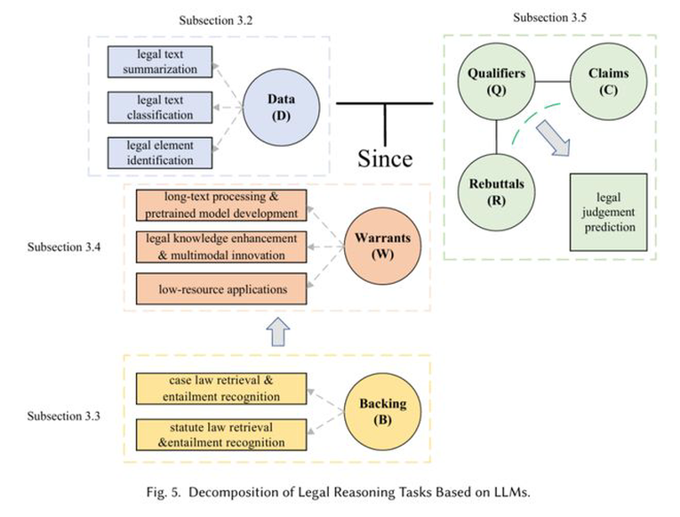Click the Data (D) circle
[x=281, y=107]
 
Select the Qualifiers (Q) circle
[x=496, y=81]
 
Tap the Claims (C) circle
[x=608, y=81]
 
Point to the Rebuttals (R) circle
[x=496, y=192]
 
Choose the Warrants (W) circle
[x=382, y=246]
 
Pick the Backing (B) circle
[x=382, y=411]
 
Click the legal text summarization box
[x=160, y=61]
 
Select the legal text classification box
[x=160, y=107]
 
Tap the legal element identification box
[x=160, y=153]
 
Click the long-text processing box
[x=221, y=205]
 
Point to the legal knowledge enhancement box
[x=221, y=246]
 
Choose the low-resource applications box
[x=221, y=288]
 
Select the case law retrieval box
[x=221, y=389]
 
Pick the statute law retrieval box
[x=221, y=434]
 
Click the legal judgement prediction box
[x=608, y=213]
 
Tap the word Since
[x=385, y=158]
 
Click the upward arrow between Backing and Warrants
[x=277, y=332]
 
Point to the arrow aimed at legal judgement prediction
[x=553, y=138]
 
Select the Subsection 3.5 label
[x=550, y=18]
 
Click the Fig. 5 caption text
[x=339, y=492]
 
